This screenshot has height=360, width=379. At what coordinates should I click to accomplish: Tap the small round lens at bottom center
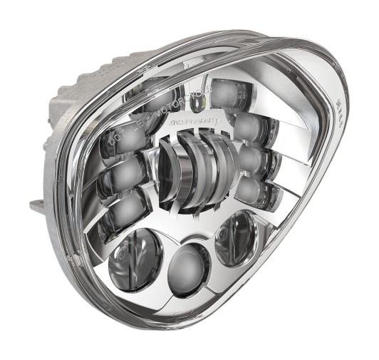pos(189,264)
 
